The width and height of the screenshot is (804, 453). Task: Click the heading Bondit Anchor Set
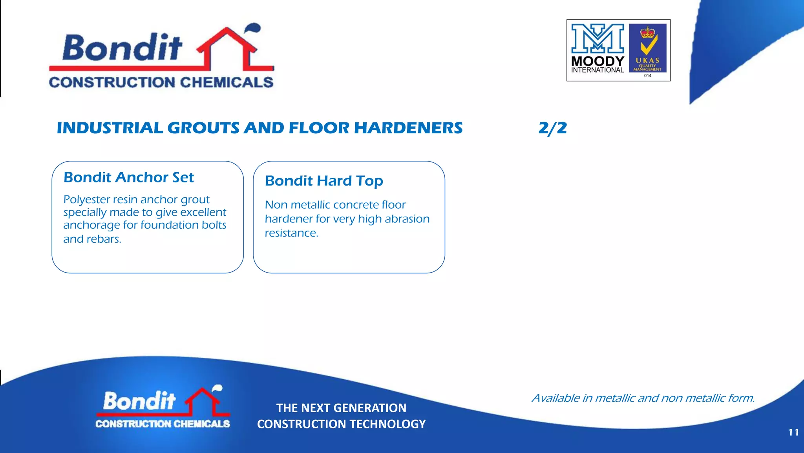pyautogui.click(x=129, y=178)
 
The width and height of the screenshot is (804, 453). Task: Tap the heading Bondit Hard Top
pyautogui.click(x=324, y=181)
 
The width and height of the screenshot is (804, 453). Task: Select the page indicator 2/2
pyautogui.click(x=552, y=128)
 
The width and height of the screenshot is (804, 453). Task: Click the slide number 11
pyautogui.click(x=793, y=432)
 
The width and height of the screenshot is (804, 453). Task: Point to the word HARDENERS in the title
pyautogui.click(x=408, y=128)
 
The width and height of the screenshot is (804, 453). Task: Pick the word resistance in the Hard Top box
pyautogui.click(x=291, y=233)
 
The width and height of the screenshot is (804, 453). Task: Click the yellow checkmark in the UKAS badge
pyautogui.click(x=648, y=47)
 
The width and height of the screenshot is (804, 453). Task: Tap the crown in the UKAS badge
pyautogui.click(x=648, y=32)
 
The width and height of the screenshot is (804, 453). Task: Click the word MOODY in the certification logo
pyautogui.click(x=598, y=61)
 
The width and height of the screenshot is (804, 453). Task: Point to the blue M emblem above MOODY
pyautogui.click(x=598, y=38)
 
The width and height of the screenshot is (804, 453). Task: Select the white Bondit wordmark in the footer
pyautogui.click(x=139, y=401)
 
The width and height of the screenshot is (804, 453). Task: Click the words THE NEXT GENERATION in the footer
pyautogui.click(x=341, y=408)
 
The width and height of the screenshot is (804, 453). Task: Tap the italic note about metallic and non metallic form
pyautogui.click(x=643, y=398)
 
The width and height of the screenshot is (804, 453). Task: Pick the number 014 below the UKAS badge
pyautogui.click(x=647, y=76)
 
